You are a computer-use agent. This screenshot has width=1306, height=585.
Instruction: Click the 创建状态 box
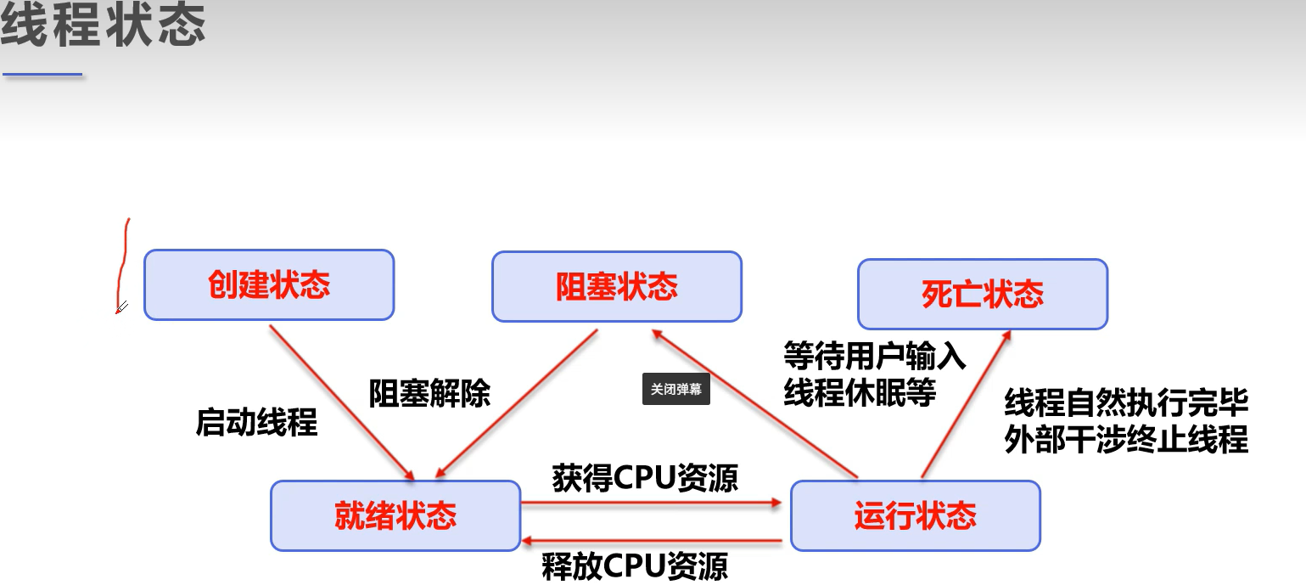pos(269,284)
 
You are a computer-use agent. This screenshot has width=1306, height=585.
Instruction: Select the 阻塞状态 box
pos(617,286)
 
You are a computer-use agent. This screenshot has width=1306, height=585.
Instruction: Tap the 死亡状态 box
pos(983,294)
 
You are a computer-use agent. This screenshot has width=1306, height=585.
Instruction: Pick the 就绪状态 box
pos(395,515)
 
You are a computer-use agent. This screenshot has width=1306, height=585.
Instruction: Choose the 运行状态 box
pos(915,515)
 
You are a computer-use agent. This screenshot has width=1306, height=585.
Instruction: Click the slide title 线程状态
pos(104,26)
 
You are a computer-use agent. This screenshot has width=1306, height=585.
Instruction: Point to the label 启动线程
pos(256,421)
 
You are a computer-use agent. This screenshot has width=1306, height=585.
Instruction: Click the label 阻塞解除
pos(429,393)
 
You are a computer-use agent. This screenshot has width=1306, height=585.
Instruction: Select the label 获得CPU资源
pos(645,478)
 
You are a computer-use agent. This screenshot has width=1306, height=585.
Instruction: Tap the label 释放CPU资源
pos(635,566)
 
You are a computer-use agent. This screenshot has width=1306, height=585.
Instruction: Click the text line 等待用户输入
pos(875,356)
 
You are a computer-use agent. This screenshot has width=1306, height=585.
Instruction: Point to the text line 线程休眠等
pos(860,392)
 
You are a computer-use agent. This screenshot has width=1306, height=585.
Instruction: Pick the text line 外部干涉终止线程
pos(1126,440)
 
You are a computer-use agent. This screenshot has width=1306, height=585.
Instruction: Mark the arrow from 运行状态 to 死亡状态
pos(966,403)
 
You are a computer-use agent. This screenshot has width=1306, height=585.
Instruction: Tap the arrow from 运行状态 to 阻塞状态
pos(755,403)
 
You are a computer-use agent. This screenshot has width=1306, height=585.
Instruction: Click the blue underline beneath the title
pos(42,75)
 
